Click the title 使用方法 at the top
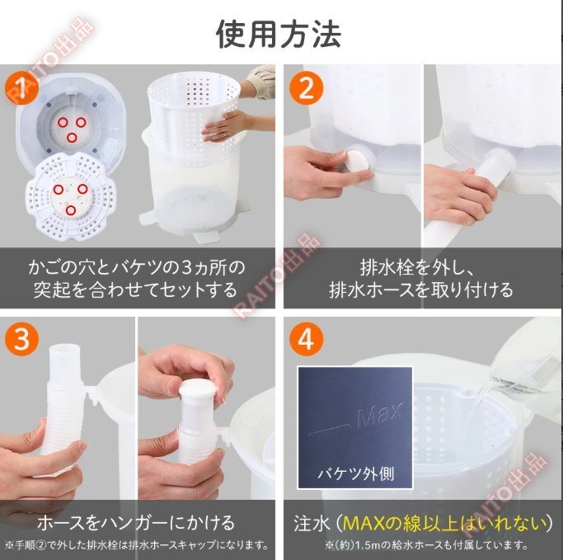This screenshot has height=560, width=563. tap(279, 34)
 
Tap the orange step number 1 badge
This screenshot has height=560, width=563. tap(21, 88)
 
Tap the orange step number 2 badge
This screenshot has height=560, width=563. tap(307, 88)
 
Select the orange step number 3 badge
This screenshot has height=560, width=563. tap(21, 340)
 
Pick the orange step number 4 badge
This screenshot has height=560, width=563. tap(307, 340)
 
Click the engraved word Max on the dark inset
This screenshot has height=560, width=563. tap(380, 415)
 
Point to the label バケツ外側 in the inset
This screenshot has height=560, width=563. tap(356, 473)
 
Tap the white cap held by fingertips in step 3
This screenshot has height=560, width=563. tap(198, 388)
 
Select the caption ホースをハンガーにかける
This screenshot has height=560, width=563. tap(136, 523)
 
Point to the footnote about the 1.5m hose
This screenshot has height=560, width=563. tap(427, 545)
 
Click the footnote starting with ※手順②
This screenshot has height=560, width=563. tap(137, 545)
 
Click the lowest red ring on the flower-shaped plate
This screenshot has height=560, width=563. tap(71, 210)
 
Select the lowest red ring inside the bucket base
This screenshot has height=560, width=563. tap(72, 137)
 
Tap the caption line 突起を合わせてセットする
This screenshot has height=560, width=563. tap(136, 290)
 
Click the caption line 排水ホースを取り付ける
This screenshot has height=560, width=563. tap(421, 290)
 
